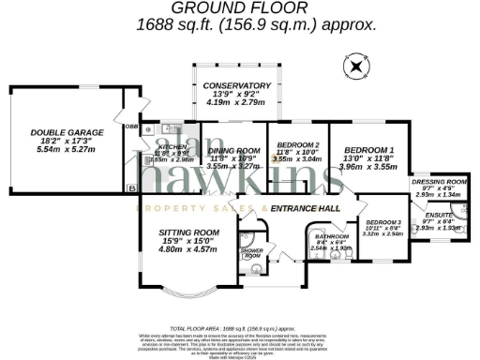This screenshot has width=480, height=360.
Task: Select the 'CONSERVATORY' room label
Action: [x=236, y=85]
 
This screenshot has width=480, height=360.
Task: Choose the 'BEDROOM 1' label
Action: [x=368, y=150]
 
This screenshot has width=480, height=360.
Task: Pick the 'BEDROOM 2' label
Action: [x=298, y=144]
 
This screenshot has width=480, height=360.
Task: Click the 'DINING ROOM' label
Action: [x=233, y=151]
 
